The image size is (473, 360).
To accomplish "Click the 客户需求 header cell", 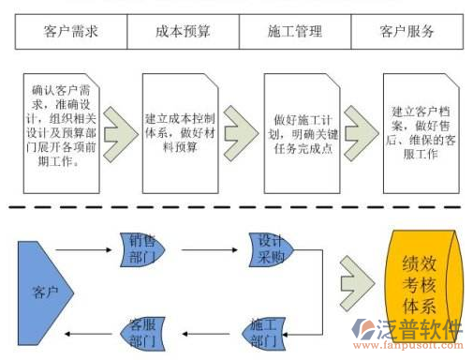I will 71,32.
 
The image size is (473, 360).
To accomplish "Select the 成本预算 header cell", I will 183,32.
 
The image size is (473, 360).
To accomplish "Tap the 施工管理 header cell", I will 294,32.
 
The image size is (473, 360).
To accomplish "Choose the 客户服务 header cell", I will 406,32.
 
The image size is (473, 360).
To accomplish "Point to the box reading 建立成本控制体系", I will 182,126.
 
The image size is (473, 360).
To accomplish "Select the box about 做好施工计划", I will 303,127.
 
